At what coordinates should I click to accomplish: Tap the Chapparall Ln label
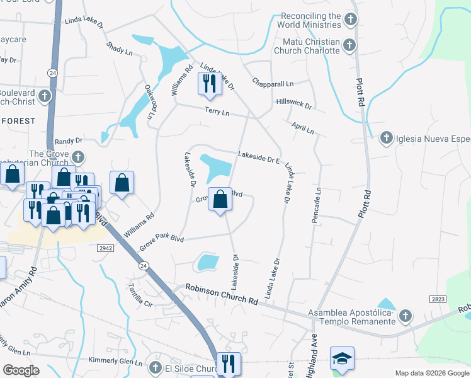click(x=273, y=83)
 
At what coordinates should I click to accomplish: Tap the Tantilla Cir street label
click(x=140, y=293)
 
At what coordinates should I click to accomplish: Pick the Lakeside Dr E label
click(x=258, y=157)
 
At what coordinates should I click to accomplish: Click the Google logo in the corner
click(x=21, y=370)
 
